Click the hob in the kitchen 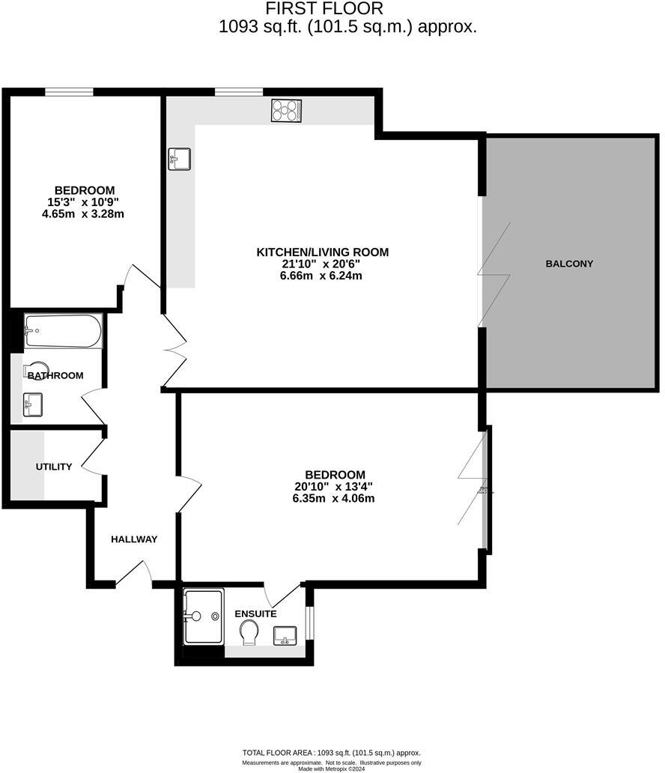click(x=286, y=111)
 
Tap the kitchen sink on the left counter click(x=180, y=159)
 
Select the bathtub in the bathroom click(x=63, y=331)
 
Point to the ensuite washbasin click(x=285, y=635)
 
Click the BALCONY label click(x=569, y=264)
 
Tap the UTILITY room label click(x=54, y=467)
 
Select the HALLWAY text click(x=134, y=539)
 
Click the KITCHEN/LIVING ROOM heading click(x=323, y=252)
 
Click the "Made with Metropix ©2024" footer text click(x=331, y=769)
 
